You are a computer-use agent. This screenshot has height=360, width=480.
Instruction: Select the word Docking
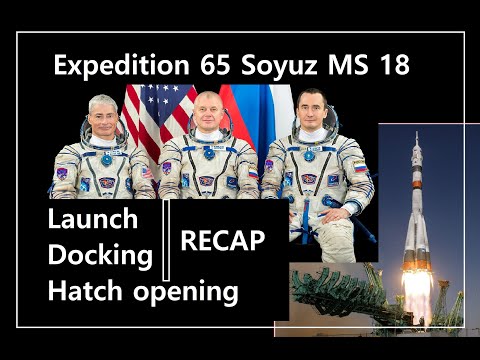coord(100,255)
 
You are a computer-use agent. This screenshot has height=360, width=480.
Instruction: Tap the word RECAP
coord(222,240)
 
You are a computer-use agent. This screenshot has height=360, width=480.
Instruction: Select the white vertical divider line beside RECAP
coord(166,240)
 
